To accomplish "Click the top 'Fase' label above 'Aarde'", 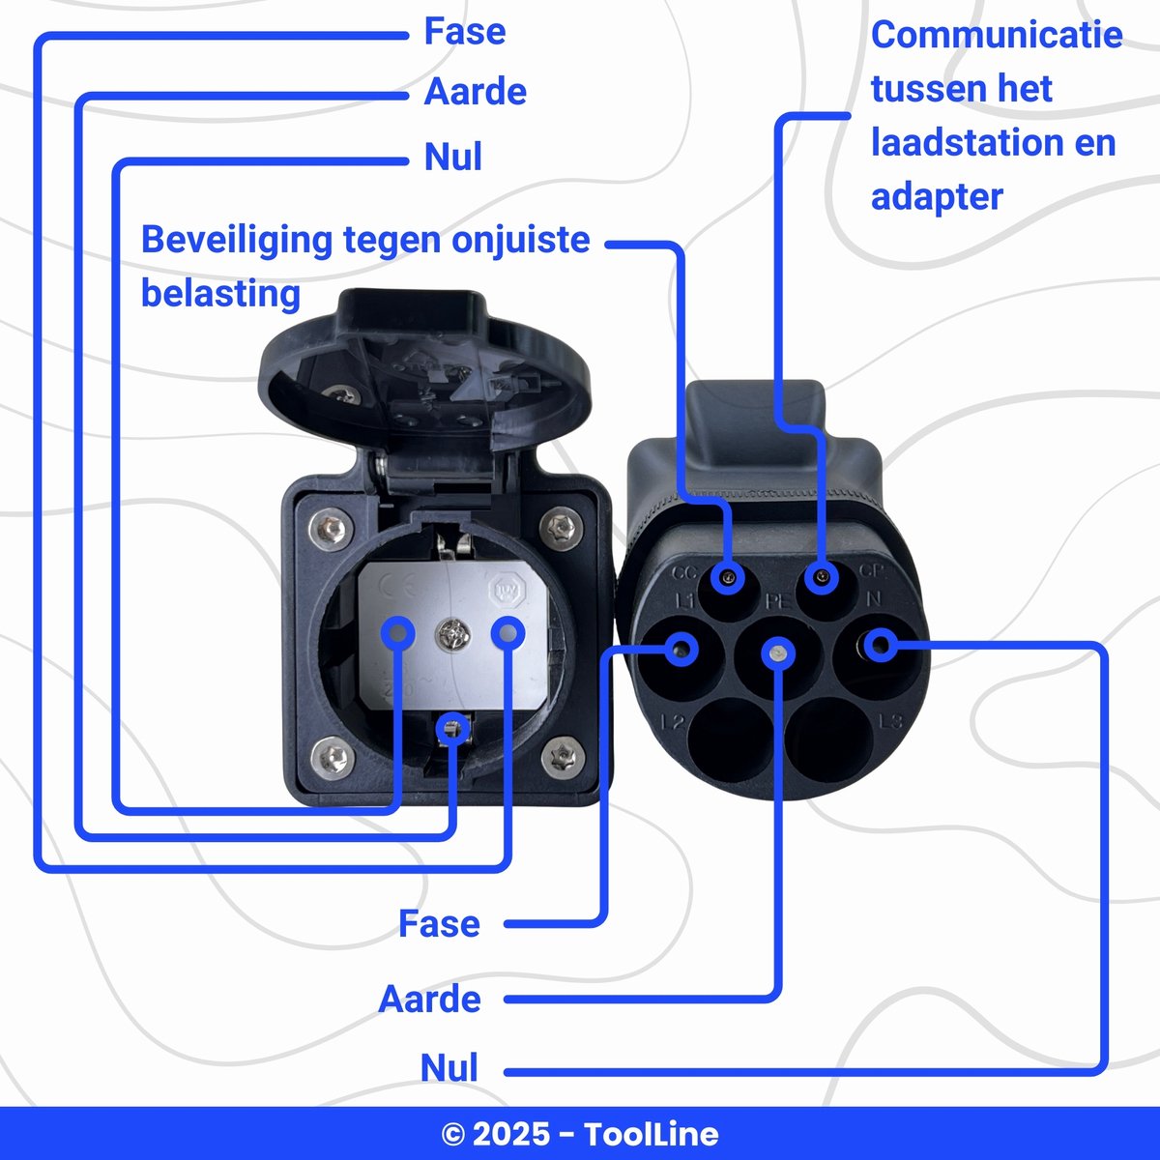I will click(x=464, y=32).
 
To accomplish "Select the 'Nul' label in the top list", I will click(x=452, y=158).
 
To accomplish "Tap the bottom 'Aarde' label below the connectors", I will click(x=429, y=1000).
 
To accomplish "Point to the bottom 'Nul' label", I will click(x=449, y=1069).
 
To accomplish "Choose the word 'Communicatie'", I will click(x=996, y=35).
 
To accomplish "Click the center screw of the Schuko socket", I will click(x=451, y=634).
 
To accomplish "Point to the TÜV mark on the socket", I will click(x=506, y=590).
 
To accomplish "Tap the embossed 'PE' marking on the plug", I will click(x=777, y=601).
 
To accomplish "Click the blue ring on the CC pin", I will click(x=727, y=579).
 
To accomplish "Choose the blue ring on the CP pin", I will click(x=822, y=578).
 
